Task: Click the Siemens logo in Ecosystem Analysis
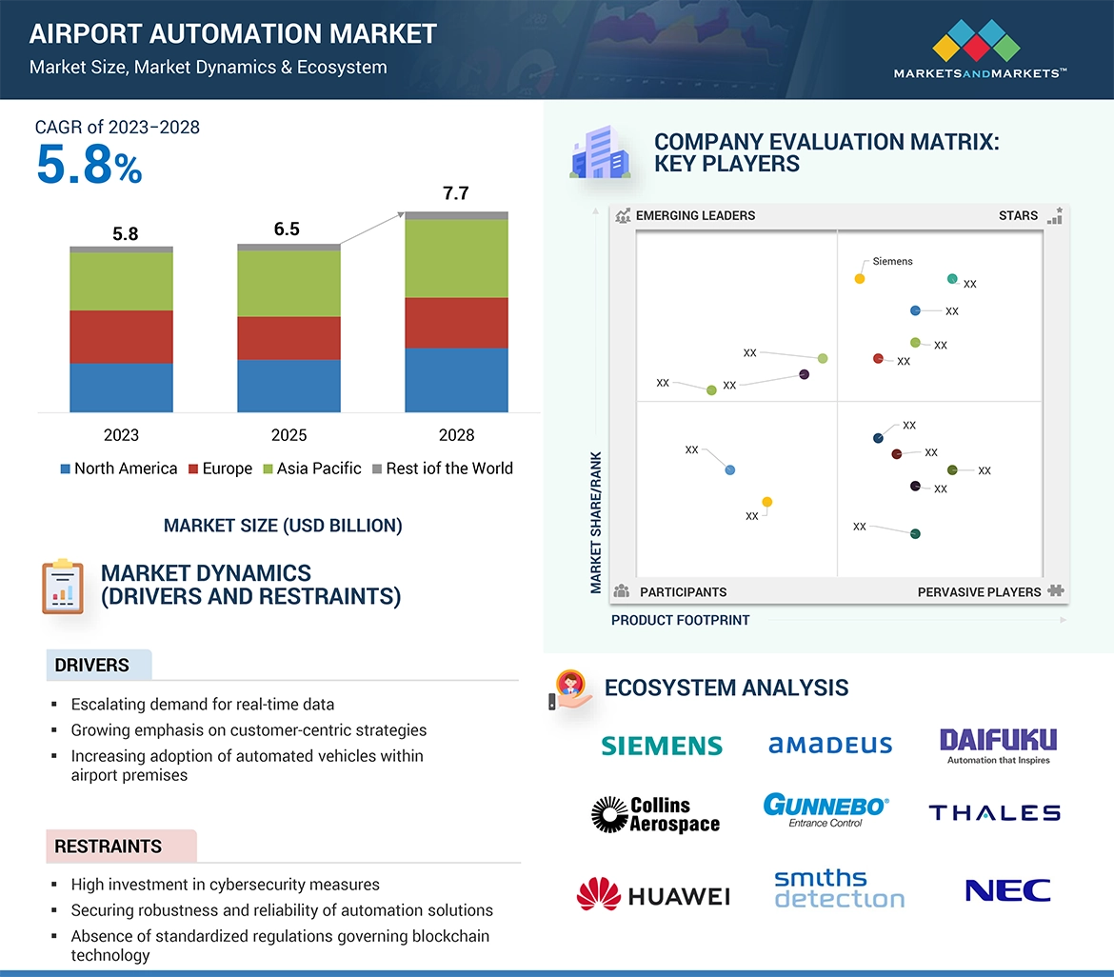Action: [662, 745]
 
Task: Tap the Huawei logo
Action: [653, 895]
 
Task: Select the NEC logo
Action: [1007, 891]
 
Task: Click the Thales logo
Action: [994, 812]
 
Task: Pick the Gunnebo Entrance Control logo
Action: [826, 809]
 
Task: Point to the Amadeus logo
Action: [830, 745]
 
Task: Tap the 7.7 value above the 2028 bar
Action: [456, 194]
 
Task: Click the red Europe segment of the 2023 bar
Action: [121, 336]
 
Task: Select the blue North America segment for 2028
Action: [456, 380]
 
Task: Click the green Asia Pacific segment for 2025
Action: [288, 283]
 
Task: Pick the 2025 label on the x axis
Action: [288, 435]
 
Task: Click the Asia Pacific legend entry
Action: [312, 469]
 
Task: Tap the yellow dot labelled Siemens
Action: [859, 279]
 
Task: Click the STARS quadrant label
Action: [1018, 216]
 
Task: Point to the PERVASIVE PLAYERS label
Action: [979, 592]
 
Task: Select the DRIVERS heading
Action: [91, 665]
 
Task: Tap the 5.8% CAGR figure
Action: [89, 166]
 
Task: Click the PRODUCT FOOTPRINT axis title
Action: [680, 620]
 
